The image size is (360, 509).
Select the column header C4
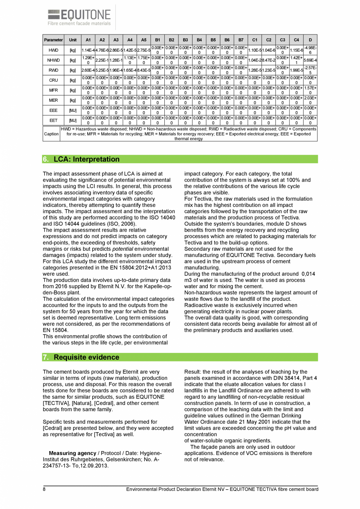pyautogui.click(x=296, y=40)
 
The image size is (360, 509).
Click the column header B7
pyautogui.click(x=241, y=40)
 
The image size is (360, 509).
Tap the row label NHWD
pyautogui.click(x=53, y=60)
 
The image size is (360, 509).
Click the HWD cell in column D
pyautogui.click(x=310, y=50)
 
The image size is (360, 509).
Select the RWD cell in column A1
pyautogui.click(x=88, y=70)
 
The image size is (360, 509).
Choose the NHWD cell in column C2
pyautogui.click(x=268, y=60)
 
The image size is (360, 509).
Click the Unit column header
pyautogui.click(x=73, y=40)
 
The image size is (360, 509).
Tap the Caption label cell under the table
pyautogui.click(x=51, y=134)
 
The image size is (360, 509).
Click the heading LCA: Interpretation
pyautogui.click(x=86, y=159)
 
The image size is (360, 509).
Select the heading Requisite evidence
pyautogui.click(x=86, y=357)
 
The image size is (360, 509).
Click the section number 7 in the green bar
pyautogui.click(x=45, y=357)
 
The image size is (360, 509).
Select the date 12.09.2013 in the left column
pyautogui.click(x=94, y=466)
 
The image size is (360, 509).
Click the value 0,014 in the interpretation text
pyautogui.click(x=308, y=274)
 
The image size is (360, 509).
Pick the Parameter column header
pyautogui.click(x=53, y=40)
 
